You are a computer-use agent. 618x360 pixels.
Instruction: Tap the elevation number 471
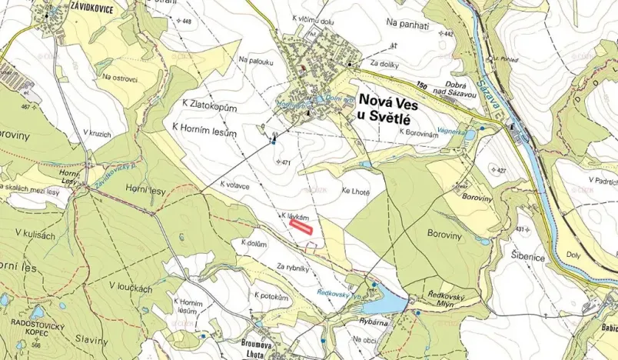(287, 162)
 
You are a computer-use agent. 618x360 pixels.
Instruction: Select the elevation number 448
(185, 21)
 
